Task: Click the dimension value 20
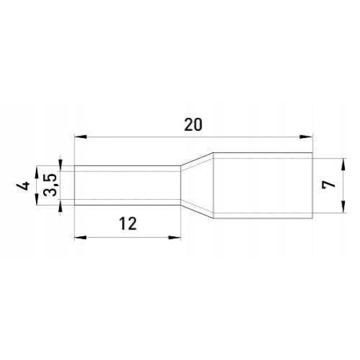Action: click(193, 125)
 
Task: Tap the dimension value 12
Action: click(128, 224)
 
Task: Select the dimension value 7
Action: click(329, 185)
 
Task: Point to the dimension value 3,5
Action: click(50, 185)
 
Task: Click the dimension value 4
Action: click(23, 186)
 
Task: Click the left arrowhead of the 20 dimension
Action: click(81, 137)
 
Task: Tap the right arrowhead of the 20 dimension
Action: click(306, 137)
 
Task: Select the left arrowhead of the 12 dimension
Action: click(81, 238)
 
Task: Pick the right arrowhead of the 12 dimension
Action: click(175, 238)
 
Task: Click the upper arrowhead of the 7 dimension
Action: click(343, 164)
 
